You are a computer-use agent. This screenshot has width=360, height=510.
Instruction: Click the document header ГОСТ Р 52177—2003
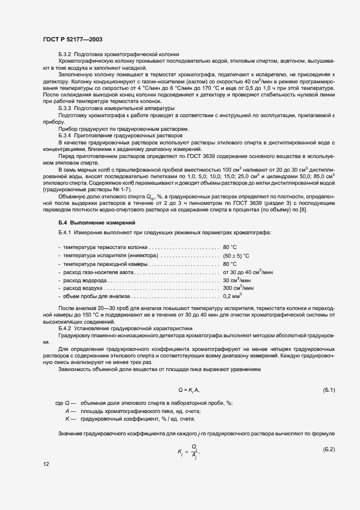coord(72,40)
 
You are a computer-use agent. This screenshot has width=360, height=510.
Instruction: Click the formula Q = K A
coord(190,390)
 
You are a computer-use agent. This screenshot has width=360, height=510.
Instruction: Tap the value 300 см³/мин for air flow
coord(238,288)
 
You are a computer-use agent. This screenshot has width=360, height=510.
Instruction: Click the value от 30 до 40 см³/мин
coord(248,271)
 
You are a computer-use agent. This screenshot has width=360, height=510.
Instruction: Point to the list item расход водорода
coord(83,280)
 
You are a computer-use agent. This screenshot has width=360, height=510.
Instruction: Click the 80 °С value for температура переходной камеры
coord(229,263)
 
